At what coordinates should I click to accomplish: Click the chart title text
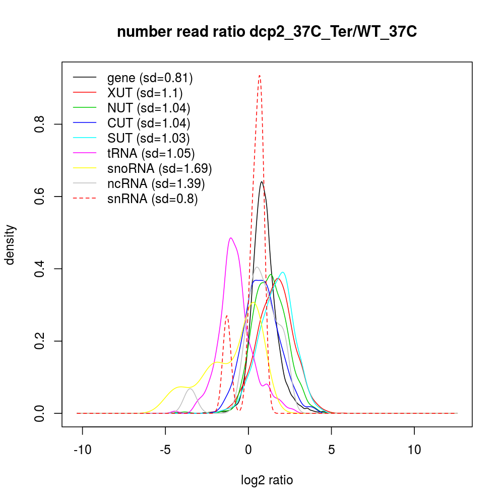click(x=267, y=32)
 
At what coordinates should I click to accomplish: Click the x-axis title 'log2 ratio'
click(x=267, y=480)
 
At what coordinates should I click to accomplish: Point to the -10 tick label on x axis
click(x=82, y=450)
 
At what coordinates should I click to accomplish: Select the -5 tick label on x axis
click(x=165, y=450)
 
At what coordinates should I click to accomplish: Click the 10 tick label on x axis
click(x=414, y=450)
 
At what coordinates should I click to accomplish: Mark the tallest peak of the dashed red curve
click(x=259, y=76)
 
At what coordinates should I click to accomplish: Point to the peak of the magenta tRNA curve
click(x=230, y=238)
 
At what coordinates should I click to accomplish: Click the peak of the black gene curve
click(x=262, y=182)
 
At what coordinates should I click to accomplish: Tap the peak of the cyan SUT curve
click(x=283, y=272)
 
